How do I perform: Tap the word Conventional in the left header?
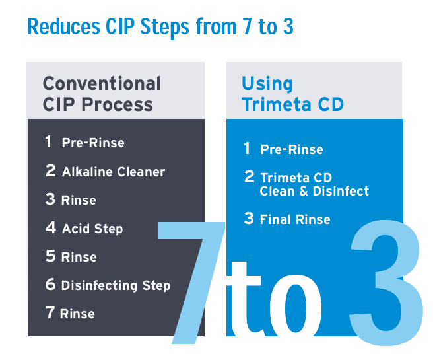[102, 84]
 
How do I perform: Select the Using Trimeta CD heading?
[292, 94]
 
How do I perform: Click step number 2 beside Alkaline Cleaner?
[51, 171]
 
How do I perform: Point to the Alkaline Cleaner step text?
[114, 172]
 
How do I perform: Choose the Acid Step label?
[92, 229]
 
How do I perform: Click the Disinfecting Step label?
[116, 285]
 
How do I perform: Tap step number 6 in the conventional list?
[51, 285]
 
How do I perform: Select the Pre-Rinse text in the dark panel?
[93, 143]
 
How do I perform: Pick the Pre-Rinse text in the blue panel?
[292, 149]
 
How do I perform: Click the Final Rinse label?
[295, 219]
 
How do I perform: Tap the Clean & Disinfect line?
[314, 191]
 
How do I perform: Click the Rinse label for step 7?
[77, 314]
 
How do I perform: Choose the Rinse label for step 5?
[79, 257]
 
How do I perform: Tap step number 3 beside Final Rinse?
[249, 219]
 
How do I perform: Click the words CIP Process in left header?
[98, 104]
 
